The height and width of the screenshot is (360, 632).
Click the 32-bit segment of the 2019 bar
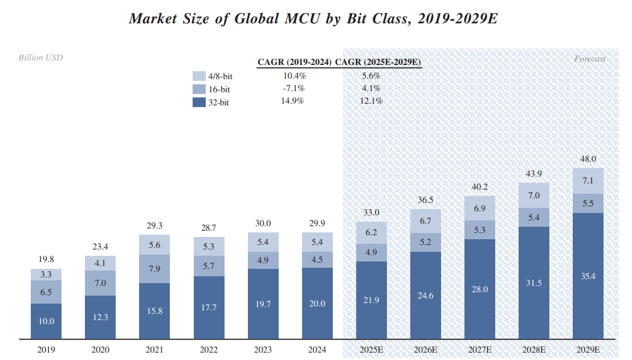click(x=46, y=321)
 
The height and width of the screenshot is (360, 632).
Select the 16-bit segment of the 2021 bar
click(x=154, y=269)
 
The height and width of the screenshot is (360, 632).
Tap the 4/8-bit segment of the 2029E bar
click(x=588, y=181)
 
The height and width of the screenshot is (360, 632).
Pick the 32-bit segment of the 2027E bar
click(x=480, y=289)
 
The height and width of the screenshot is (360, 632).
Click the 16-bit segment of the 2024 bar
click(x=317, y=260)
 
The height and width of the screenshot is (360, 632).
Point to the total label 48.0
click(x=588, y=159)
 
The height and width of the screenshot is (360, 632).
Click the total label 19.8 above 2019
click(x=46, y=259)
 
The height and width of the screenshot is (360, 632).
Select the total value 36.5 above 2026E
click(x=426, y=200)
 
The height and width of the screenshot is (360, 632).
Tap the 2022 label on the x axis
click(x=209, y=350)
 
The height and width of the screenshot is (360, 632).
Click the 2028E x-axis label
click(x=534, y=350)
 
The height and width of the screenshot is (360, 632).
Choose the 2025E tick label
click(x=372, y=350)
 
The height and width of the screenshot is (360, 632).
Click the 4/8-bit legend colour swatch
click(x=199, y=76)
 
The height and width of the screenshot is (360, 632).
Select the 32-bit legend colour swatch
click(x=199, y=103)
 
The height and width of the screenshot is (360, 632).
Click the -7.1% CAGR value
click(x=294, y=88)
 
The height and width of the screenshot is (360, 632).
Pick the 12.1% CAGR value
click(x=372, y=101)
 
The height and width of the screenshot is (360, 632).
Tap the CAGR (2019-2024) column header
click(x=294, y=62)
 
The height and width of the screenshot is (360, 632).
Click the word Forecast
click(x=590, y=59)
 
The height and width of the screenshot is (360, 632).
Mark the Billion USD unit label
click(x=40, y=58)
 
